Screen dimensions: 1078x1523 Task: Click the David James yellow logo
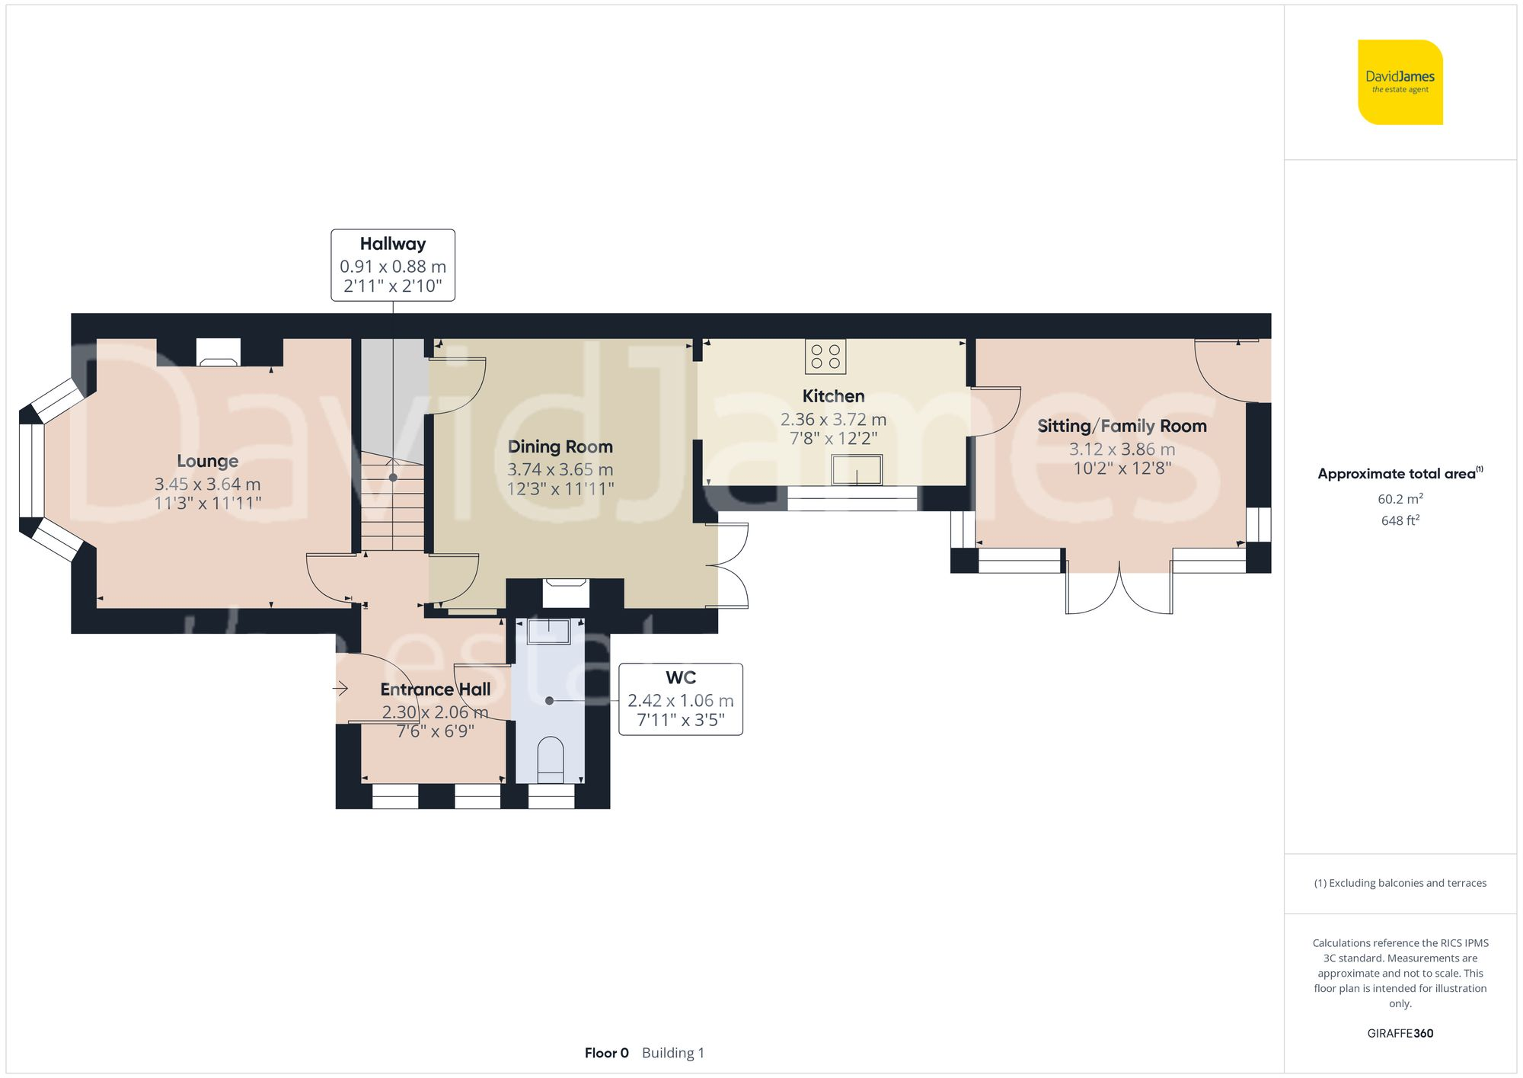[x=1400, y=82]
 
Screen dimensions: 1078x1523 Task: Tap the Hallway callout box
[x=393, y=265]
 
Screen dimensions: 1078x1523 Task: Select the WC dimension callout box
[x=680, y=699]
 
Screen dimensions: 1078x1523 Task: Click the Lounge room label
[x=207, y=461]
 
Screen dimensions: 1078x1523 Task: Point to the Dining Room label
[x=560, y=447]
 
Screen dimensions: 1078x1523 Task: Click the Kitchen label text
[x=833, y=396]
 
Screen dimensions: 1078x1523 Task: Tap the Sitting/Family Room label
[x=1122, y=426]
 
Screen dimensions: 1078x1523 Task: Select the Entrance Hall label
[x=435, y=689]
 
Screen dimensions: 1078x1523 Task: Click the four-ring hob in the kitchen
[x=825, y=357]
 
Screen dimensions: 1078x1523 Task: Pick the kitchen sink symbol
[x=857, y=470]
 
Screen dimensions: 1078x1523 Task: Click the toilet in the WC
[x=550, y=759]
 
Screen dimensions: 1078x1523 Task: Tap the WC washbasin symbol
[x=548, y=632]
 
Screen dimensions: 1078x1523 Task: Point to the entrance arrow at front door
[x=340, y=689]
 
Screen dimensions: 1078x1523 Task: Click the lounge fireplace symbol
[x=219, y=353]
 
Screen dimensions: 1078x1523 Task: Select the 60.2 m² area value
[x=1400, y=499]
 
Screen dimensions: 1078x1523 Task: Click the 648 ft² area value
[x=1400, y=520]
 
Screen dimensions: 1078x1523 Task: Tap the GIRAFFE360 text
[x=1400, y=1033]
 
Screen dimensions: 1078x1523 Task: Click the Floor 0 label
[x=606, y=1053]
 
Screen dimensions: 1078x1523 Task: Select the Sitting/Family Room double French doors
[x=1119, y=590]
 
